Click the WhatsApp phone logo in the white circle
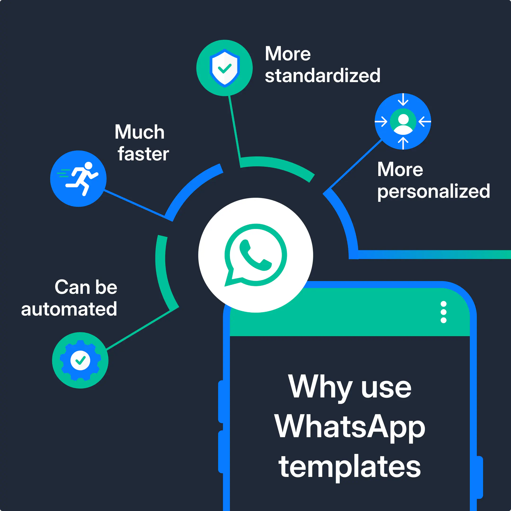coord(255,255)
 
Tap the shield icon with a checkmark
coord(225,68)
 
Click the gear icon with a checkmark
coord(80,360)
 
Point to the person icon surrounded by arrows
coord(403,121)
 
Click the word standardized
coord(322,76)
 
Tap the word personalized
coord(433,191)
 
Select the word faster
coord(143,154)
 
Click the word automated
coord(69,309)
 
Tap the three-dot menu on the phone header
coord(444,312)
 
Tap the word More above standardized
coord(287,54)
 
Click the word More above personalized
coord(400,169)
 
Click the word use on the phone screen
coord(386,388)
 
